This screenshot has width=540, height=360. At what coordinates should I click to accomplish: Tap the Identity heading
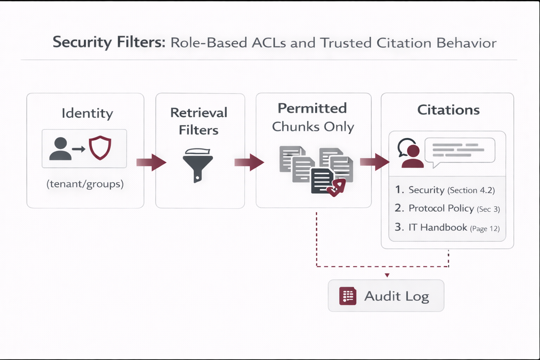[x=87, y=113]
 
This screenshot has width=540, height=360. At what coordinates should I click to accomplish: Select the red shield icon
[x=100, y=148]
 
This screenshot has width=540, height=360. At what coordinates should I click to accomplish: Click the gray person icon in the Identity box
[x=60, y=149]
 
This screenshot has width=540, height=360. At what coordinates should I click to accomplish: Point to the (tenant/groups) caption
[x=85, y=184]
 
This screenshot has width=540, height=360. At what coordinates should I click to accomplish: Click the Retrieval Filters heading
[x=199, y=121]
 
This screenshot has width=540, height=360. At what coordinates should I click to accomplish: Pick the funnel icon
[x=198, y=165]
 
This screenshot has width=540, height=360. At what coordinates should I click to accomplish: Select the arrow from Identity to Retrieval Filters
[x=151, y=162]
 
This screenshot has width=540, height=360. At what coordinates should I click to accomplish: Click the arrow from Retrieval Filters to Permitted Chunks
[x=249, y=162]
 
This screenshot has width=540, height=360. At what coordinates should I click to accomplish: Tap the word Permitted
[x=312, y=108]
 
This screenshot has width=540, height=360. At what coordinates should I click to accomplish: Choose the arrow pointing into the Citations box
[x=375, y=162]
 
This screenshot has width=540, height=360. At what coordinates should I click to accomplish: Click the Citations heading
[x=448, y=110]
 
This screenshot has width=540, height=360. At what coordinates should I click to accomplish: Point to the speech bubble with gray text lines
[x=459, y=150]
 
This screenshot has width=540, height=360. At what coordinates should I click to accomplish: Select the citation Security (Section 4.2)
[x=445, y=190]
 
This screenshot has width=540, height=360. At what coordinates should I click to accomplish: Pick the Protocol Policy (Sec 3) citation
[x=447, y=208]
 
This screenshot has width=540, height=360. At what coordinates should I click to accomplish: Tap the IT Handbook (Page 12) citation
[x=447, y=227]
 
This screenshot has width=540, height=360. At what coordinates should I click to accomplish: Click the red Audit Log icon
[x=348, y=296]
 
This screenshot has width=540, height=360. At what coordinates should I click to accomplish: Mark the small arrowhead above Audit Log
[x=387, y=275]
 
